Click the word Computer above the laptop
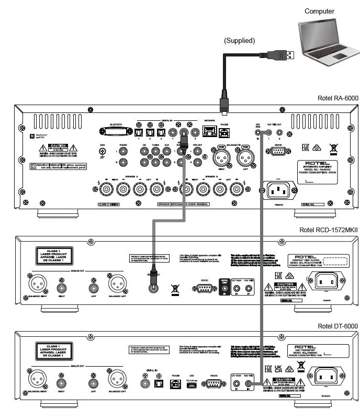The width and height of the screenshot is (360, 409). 319,11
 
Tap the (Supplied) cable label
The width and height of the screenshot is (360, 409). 239,40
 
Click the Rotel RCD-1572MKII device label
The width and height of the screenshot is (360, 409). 328,229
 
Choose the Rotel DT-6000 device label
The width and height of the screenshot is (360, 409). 337,326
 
